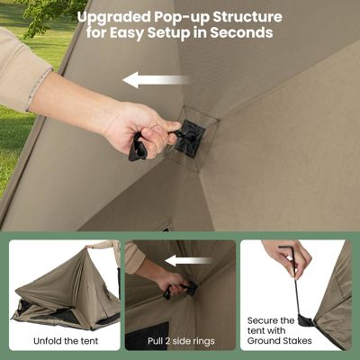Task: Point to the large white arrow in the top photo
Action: (155, 80)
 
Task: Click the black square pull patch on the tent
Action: (189, 136)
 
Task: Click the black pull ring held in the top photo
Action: (138, 148)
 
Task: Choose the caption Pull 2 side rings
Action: (181, 341)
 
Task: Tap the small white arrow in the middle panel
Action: (189, 260)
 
